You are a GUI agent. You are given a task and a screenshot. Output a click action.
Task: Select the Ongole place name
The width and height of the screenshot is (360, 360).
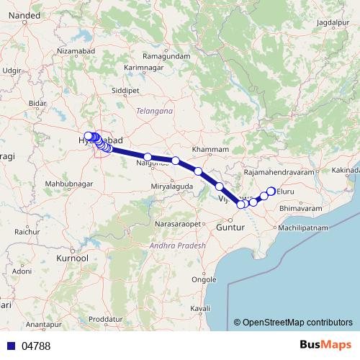click(208, 279)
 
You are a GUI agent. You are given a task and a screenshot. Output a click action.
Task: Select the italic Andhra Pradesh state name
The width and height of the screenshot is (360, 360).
click(176, 246)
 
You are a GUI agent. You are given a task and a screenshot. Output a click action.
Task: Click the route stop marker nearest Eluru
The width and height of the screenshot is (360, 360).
click(271, 191)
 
